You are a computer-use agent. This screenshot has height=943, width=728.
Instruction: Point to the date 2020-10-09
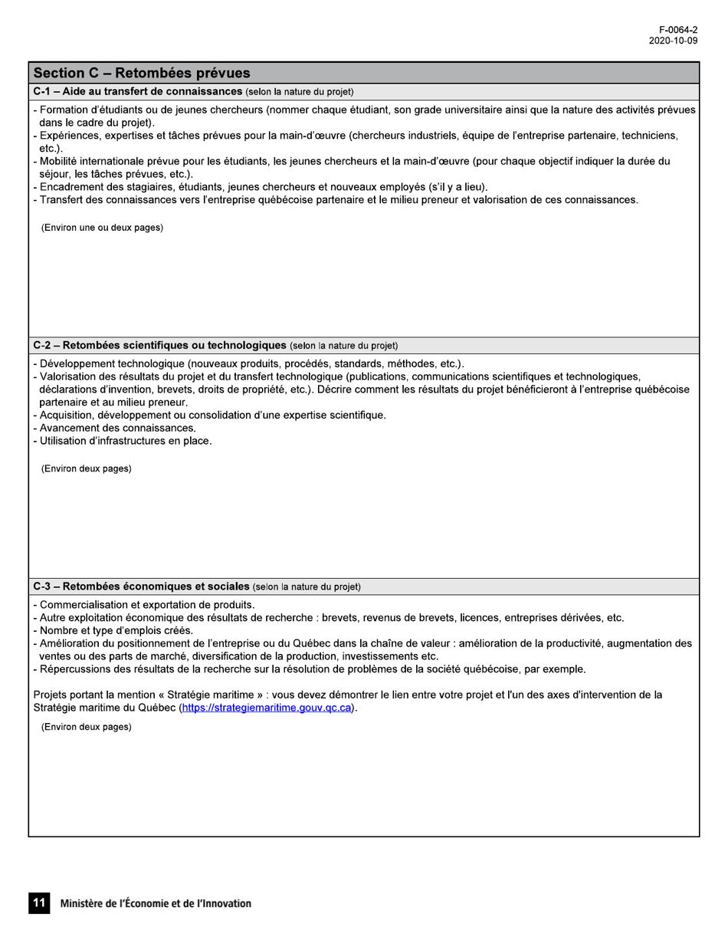point(673,41)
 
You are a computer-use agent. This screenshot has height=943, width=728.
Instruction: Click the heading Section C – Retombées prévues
point(142,74)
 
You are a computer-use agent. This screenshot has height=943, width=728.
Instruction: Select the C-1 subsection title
point(138,92)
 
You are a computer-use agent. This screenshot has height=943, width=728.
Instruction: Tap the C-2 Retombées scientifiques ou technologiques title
point(160,345)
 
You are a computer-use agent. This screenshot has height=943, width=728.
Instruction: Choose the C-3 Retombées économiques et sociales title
point(142,586)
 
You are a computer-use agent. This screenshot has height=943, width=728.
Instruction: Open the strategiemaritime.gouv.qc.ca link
point(267,708)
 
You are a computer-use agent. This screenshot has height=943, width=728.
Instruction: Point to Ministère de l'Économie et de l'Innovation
point(156,904)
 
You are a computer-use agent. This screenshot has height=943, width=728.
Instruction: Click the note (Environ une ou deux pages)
point(102,228)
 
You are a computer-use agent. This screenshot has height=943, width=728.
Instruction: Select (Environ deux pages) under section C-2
point(86,468)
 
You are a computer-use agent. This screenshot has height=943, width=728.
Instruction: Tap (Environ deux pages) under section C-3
point(86,726)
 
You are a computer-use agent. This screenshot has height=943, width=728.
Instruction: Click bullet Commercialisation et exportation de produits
point(146,604)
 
